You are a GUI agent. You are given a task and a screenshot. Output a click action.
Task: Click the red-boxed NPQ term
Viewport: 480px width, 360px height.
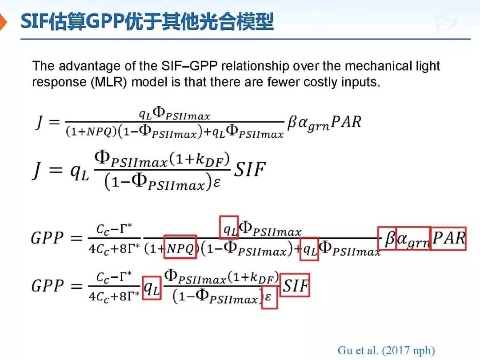click(x=180, y=247)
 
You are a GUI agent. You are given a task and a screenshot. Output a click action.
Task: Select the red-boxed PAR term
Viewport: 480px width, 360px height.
click(x=448, y=239)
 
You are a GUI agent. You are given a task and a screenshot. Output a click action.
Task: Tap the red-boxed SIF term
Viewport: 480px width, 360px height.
click(x=295, y=285)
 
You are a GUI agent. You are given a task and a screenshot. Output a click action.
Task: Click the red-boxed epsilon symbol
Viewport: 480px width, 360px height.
click(x=269, y=297)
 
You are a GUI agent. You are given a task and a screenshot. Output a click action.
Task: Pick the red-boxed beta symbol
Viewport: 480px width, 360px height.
click(x=387, y=239)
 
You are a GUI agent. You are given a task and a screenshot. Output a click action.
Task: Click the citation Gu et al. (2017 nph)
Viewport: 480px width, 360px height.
click(x=386, y=350)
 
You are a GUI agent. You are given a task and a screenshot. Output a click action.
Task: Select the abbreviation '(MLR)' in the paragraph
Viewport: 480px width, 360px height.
click(x=109, y=83)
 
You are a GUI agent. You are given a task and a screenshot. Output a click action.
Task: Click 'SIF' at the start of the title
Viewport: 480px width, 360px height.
click(x=34, y=21)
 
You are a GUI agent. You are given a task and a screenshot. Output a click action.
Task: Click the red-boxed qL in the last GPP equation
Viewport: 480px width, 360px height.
click(x=152, y=288)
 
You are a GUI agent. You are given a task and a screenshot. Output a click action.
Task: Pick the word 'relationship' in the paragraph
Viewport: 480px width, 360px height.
click(x=255, y=67)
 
